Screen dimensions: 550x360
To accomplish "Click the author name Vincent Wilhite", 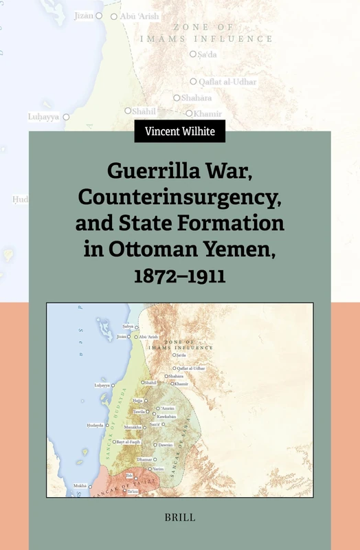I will [x=179, y=131].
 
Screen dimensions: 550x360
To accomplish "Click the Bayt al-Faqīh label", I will [x=128, y=441].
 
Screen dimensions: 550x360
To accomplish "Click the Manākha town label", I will [x=133, y=426].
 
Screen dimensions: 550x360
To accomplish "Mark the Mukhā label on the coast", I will [x=80, y=486].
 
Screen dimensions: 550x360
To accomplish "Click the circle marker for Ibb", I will [x=136, y=478].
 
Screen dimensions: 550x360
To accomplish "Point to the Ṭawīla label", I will [x=139, y=411].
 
